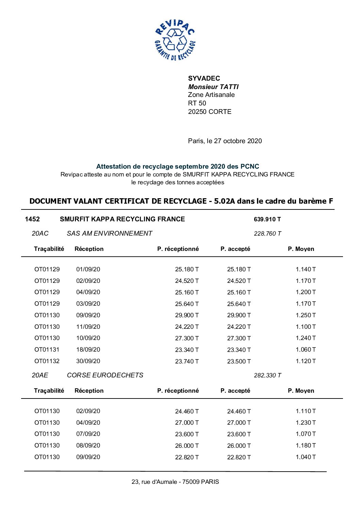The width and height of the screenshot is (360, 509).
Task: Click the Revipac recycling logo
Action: [x=175, y=40]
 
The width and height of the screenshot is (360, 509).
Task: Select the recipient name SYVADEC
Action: [x=204, y=78]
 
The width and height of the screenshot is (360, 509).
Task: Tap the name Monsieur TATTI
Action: [x=213, y=87]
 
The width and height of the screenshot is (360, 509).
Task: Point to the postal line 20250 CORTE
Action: [x=209, y=112]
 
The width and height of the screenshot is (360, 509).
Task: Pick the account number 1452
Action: [x=32, y=219]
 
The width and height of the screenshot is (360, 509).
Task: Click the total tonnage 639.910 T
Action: [x=267, y=219]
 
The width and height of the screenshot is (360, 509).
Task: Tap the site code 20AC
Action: [x=40, y=234]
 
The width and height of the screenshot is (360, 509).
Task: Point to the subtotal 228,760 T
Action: [x=267, y=234]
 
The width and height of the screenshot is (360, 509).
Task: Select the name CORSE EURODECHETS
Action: [x=105, y=375]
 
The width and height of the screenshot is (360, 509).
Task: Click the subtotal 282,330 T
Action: [x=267, y=375]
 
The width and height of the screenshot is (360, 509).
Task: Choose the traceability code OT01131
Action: [x=47, y=350]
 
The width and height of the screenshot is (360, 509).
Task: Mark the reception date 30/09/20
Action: [x=88, y=361]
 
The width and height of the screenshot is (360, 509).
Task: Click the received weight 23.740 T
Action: [x=187, y=361]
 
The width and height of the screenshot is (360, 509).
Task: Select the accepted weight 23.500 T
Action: [x=239, y=361]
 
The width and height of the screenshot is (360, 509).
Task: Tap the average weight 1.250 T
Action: [x=306, y=315]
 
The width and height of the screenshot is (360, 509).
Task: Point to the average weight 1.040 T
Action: [x=306, y=457]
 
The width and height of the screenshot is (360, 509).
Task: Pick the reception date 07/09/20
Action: [x=88, y=434]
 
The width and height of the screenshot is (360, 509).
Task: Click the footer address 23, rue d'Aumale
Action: [x=156, y=482]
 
